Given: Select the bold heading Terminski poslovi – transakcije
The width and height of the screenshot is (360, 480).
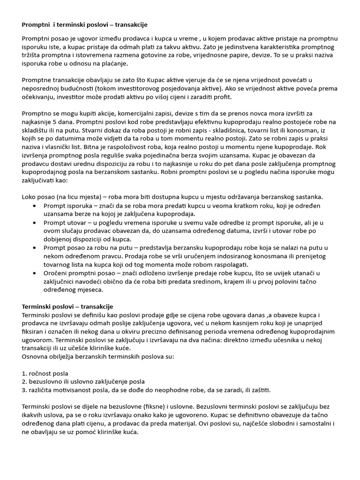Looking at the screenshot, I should pos(67,306).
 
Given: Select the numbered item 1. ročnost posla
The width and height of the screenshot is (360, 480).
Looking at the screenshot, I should pos(45,373).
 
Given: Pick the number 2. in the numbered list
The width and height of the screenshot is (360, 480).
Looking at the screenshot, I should pos(24,382).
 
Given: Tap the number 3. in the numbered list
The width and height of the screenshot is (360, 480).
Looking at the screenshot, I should pos(24,390).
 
